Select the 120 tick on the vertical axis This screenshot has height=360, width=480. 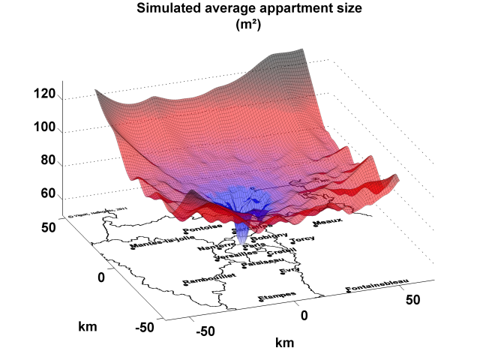pos(46,94)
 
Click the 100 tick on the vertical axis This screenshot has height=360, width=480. pos(46,127)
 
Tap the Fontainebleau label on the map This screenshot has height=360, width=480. pos(377,286)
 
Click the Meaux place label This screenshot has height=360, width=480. pos(328,223)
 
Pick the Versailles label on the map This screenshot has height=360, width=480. pos(235,255)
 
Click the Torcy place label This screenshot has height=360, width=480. pos(302,240)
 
